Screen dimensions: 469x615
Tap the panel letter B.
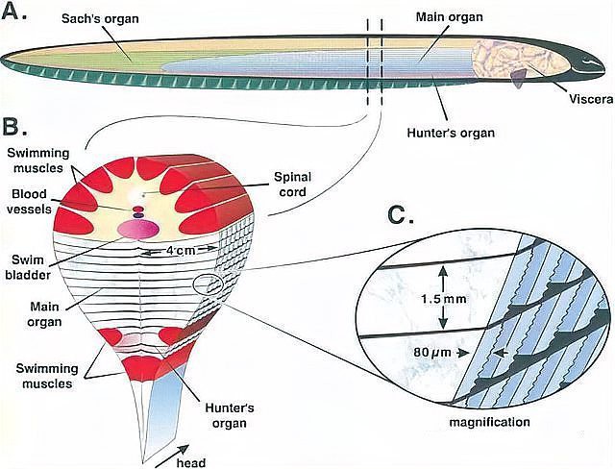(x=17, y=126)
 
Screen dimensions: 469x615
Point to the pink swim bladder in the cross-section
(x=137, y=228)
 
